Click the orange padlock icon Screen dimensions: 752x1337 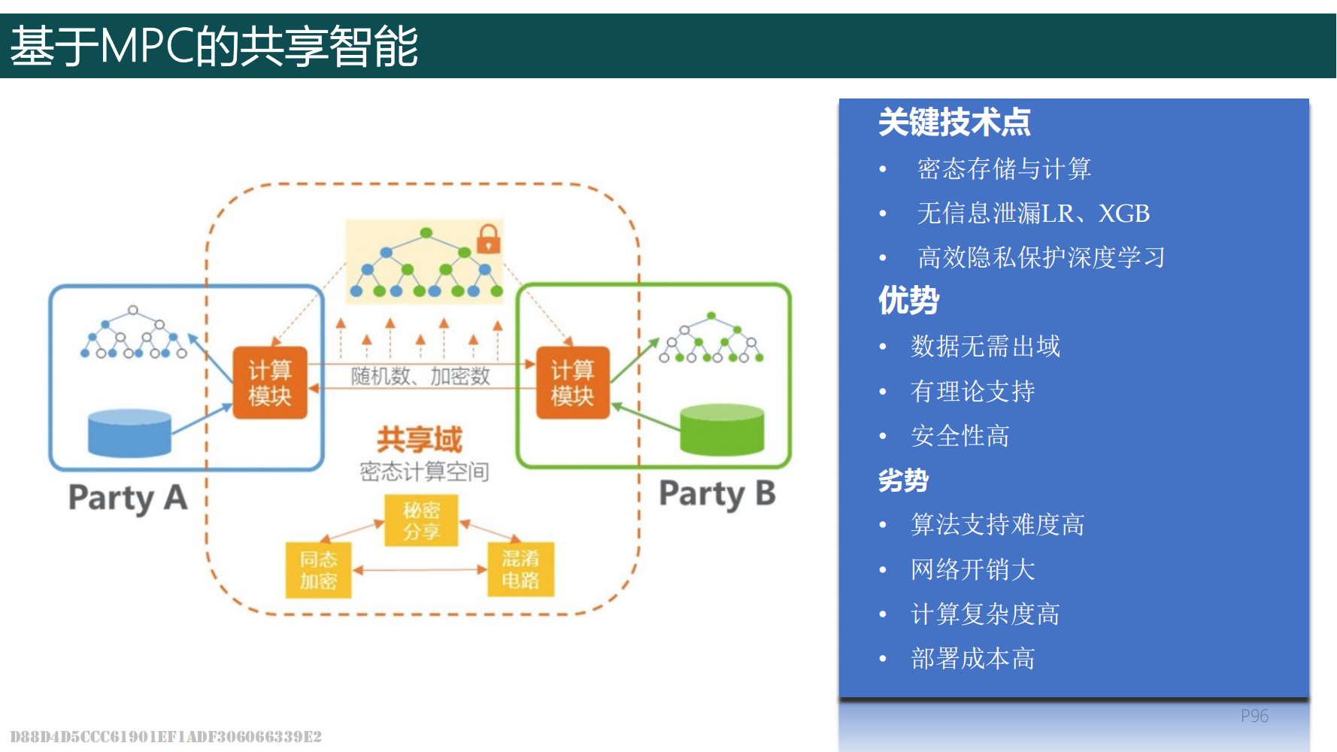[x=489, y=238]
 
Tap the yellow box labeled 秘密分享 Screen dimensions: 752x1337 [x=421, y=520]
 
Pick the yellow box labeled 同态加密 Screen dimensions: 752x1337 [x=318, y=570]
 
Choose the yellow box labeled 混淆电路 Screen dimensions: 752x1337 [x=520, y=569]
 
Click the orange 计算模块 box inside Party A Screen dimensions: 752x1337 [x=270, y=383]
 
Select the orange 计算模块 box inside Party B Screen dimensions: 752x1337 [x=572, y=383]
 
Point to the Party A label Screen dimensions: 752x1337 [x=128, y=498]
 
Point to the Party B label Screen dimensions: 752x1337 [x=717, y=494]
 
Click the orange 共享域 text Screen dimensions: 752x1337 [x=419, y=439]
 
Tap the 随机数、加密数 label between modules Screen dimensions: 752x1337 [x=420, y=375]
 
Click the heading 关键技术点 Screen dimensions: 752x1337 [x=954, y=122]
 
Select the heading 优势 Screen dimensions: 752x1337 [x=908, y=300]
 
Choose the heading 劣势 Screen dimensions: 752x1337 [x=903, y=480]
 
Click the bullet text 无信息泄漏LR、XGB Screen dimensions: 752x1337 [x=1033, y=214]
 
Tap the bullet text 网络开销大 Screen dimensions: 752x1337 [x=973, y=569]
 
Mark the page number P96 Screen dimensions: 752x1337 [x=1254, y=716]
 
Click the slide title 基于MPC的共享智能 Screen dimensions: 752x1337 [x=214, y=46]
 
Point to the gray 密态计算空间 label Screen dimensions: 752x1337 [x=424, y=472]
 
